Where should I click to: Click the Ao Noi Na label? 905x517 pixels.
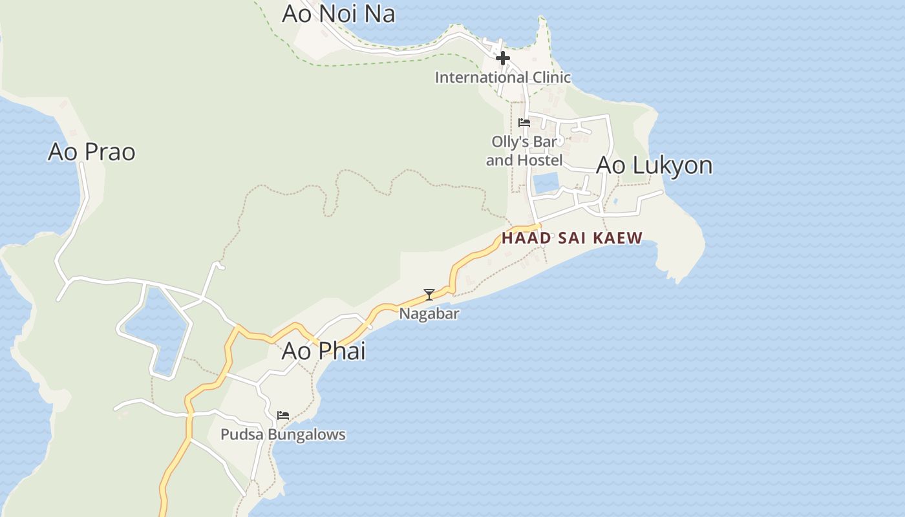(x=338, y=14)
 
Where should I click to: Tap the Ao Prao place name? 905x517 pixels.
(x=92, y=152)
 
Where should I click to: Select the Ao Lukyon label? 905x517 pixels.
(x=654, y=165)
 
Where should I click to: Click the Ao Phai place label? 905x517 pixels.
(x=323, y=351)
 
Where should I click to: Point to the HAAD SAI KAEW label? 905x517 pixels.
(x=572, y=238)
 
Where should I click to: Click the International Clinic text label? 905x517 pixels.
(x=502, y=78)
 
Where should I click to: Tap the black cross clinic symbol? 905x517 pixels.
(x=502, y=59)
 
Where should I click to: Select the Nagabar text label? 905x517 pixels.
(x=429, y=314)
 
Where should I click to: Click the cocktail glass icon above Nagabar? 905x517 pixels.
(x=429, y=295)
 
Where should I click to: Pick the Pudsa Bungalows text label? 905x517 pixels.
(x=282, y=434)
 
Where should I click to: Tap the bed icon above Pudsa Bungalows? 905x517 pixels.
(x=282, y=415)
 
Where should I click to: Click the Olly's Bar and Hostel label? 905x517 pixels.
(x=524, y=151)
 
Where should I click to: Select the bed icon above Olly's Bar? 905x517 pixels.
(x=524, y=122)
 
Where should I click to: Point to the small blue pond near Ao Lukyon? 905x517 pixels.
(x=546, y=184)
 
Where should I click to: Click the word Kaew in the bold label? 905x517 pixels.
(x=618, y=238)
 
